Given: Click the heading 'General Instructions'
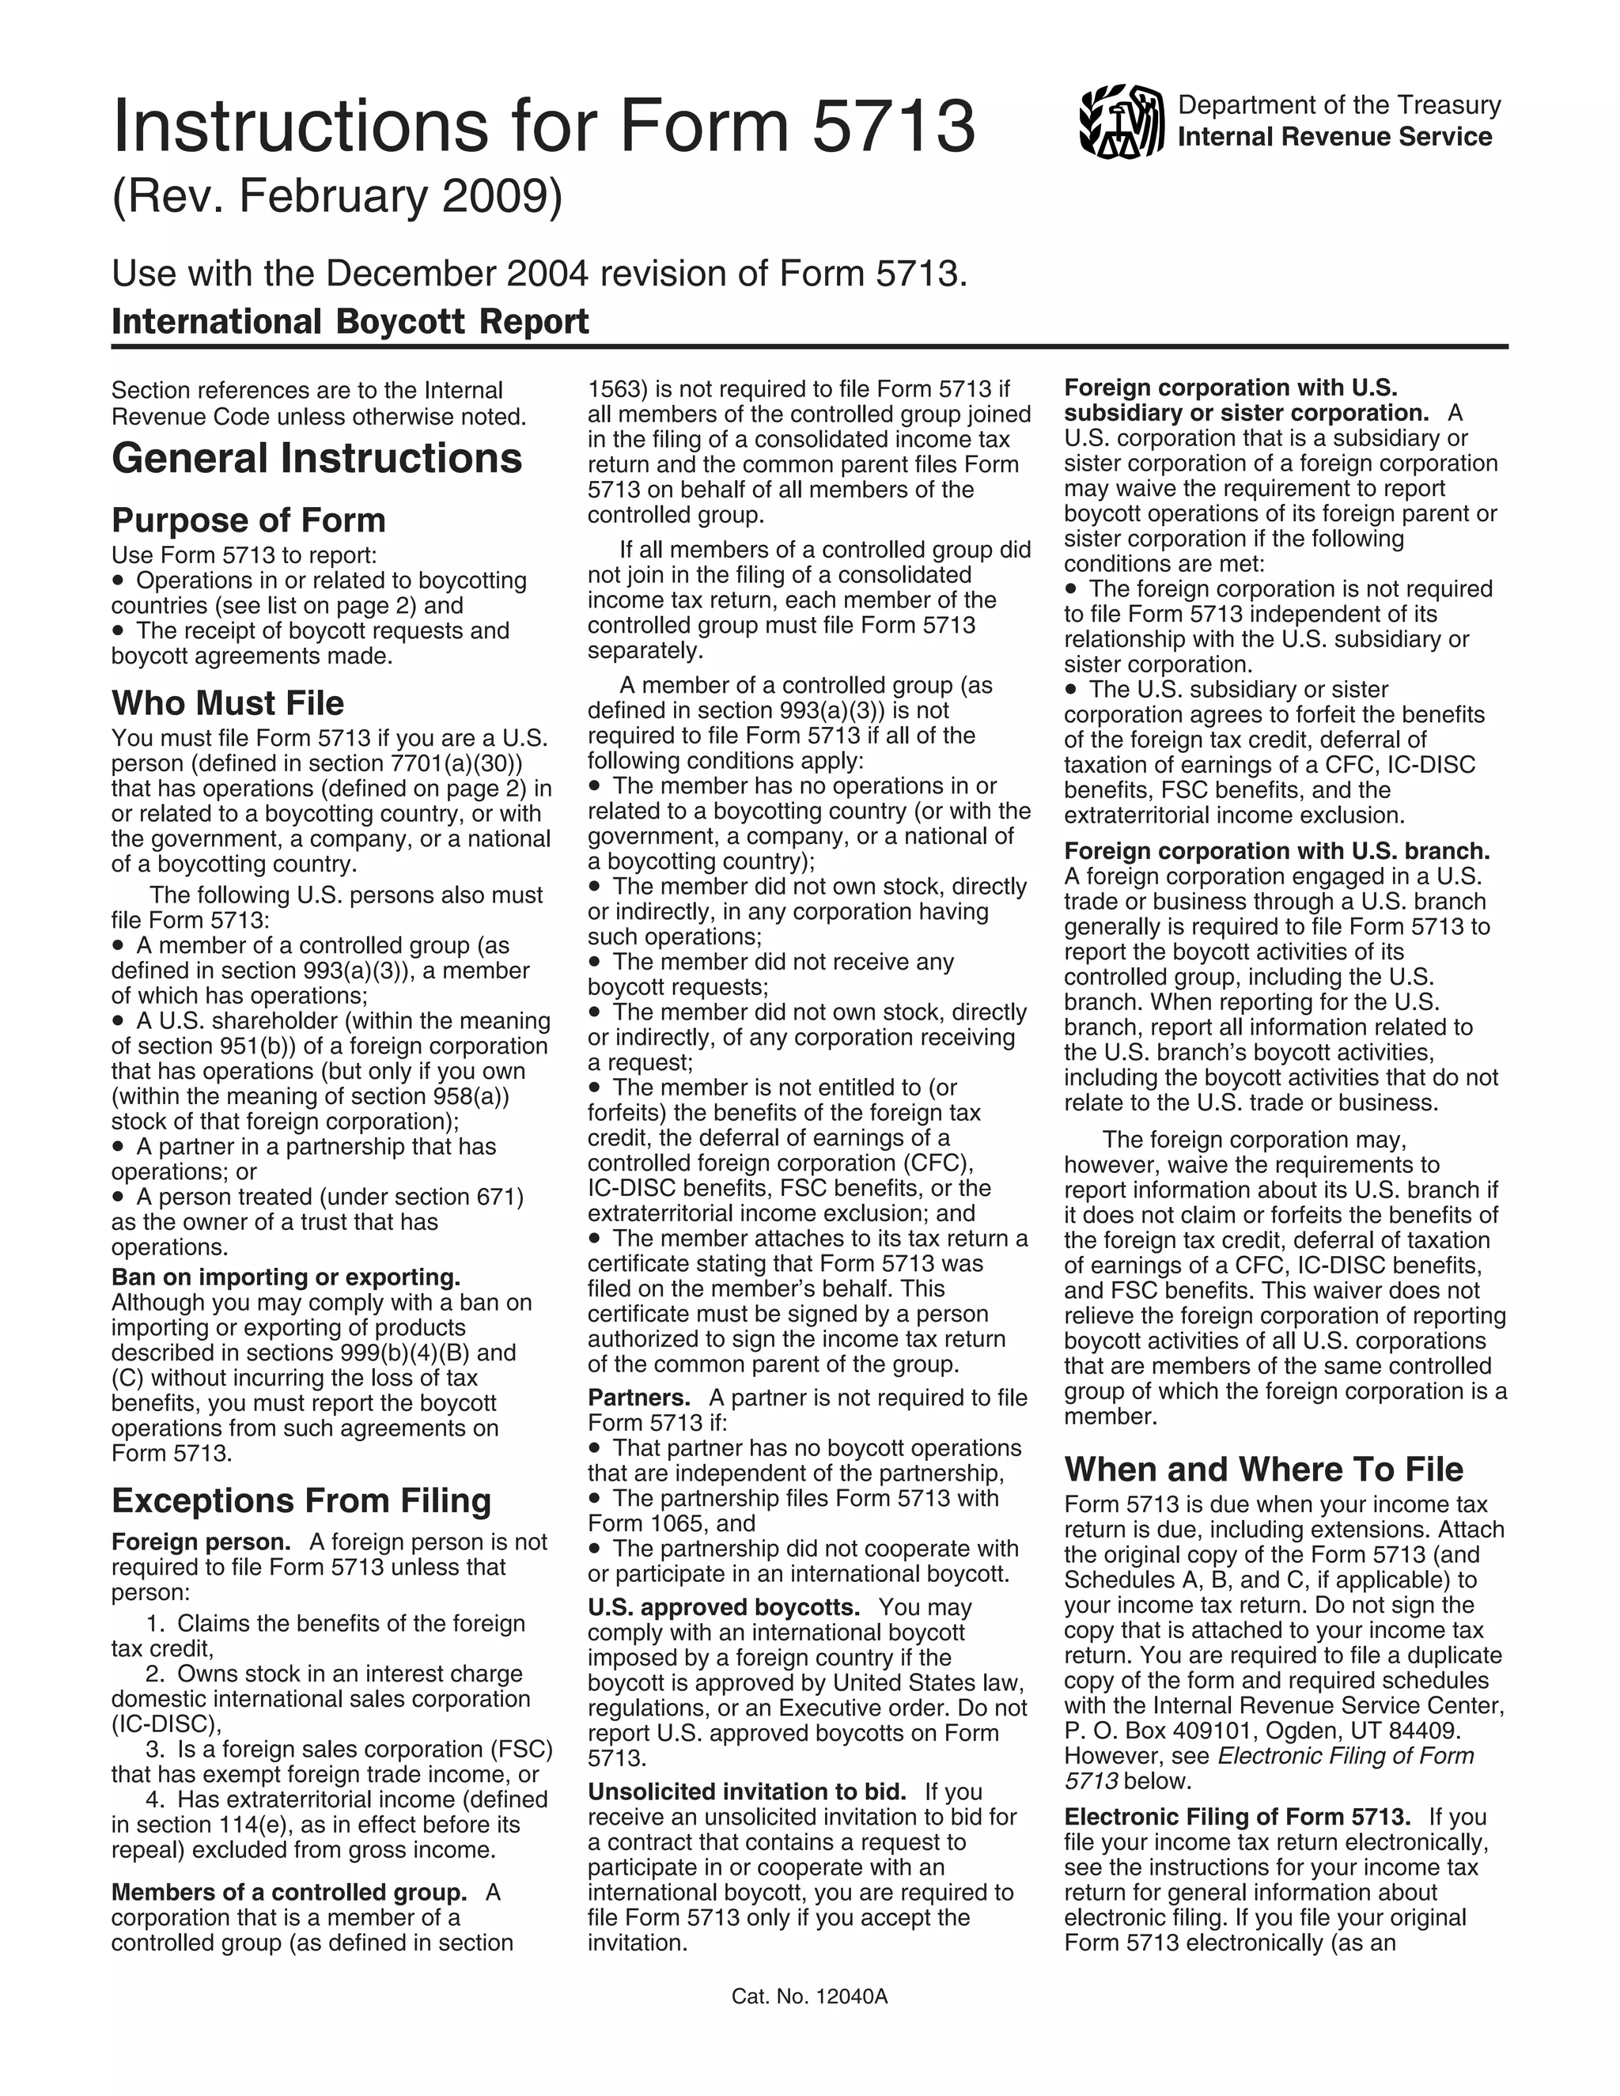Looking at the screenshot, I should (x=316, y=458).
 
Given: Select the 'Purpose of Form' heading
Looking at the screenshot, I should (x=248, y=520).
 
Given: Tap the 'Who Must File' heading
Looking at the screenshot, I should (x=228, y=702).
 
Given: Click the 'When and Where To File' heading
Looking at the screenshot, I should (x=1263, y=1470).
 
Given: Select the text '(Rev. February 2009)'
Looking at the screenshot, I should (x=337, y=197).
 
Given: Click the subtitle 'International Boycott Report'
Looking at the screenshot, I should (x=350, y=320).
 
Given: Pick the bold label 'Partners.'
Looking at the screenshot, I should (x=639, y=1398).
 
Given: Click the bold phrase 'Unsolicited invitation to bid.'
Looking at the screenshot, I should (x=747, y=1791).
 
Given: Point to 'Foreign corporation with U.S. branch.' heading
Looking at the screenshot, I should (x=1277, y=851).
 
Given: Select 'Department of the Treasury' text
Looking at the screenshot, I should (x=1339, y=105).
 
